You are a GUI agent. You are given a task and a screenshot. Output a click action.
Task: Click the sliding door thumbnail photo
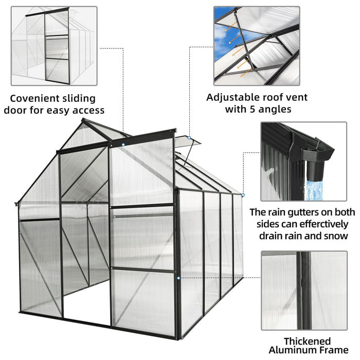54,46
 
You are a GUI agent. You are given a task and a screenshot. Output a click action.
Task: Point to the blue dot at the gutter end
242,195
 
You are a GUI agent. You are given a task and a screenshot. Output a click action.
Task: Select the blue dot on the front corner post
178,278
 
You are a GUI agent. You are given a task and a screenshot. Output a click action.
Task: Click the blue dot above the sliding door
123,145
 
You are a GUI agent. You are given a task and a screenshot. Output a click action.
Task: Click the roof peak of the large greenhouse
83,121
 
